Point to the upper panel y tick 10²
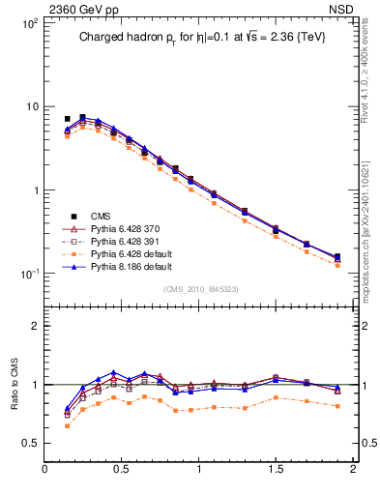(29, 22)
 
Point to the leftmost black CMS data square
(67, 119)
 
